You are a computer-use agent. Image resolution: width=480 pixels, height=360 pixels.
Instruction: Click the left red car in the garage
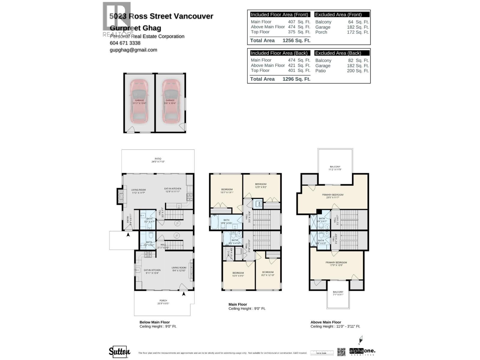point(139,101)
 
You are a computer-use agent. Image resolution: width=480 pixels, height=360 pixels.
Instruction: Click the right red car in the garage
point(170,101)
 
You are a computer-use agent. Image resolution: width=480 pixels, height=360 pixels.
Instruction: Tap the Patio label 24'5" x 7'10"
point(158,160)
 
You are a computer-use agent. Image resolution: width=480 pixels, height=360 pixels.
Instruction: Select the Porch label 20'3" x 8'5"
point(163,302)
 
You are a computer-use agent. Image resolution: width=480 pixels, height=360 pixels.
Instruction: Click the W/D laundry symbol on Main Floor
point(258,204)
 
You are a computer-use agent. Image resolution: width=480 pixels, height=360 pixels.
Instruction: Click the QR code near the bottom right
point(341,352)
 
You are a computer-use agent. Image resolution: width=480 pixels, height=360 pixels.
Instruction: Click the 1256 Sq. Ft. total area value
point(296,40)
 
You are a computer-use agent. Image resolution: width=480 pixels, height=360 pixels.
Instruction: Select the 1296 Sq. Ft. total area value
point(296,79)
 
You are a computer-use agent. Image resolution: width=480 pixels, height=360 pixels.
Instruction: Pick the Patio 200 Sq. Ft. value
point(358,71)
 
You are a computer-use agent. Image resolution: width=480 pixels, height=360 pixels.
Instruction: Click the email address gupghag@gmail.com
point(133,50)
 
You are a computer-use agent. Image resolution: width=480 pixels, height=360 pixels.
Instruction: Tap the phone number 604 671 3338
point(125,43)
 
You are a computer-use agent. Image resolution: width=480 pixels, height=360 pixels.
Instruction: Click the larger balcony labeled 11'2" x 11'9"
point(335,168)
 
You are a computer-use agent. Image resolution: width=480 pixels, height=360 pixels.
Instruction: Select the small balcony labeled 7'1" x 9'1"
point(338,293)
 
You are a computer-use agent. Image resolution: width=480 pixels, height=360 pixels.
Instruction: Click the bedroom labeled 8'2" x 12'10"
point(268,274)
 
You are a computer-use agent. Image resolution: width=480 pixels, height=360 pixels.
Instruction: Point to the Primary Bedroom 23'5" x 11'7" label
point(333,196)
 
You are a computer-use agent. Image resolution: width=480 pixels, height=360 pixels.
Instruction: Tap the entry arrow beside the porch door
point(184,294)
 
